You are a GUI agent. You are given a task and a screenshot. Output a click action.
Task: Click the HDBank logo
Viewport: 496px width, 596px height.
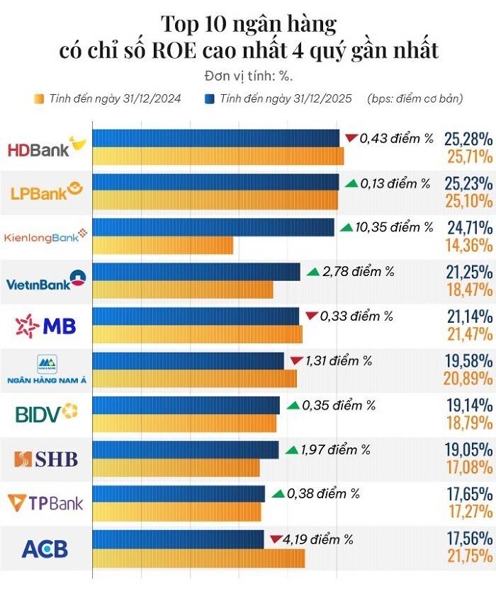coord(46,148)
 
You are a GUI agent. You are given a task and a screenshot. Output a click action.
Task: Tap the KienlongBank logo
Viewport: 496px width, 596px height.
coord(46,236)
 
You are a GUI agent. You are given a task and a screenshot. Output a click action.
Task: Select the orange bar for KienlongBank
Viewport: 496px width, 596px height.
coord(163,246)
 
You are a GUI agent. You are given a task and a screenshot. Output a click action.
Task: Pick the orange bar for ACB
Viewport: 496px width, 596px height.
coord(198,558)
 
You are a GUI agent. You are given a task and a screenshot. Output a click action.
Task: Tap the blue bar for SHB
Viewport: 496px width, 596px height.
coord(186,450)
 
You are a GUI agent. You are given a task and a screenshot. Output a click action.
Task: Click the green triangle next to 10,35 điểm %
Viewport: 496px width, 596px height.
coord(346,227)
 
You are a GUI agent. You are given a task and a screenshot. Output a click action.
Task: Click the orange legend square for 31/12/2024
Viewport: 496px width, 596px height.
coord(38,98)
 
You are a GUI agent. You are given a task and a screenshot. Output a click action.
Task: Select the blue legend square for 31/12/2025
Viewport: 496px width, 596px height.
coord(210,98)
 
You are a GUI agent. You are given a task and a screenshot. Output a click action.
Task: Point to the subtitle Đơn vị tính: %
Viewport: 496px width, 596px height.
coord(248,76)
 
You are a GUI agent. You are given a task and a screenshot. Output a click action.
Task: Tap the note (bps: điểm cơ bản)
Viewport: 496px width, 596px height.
coord(415,98)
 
